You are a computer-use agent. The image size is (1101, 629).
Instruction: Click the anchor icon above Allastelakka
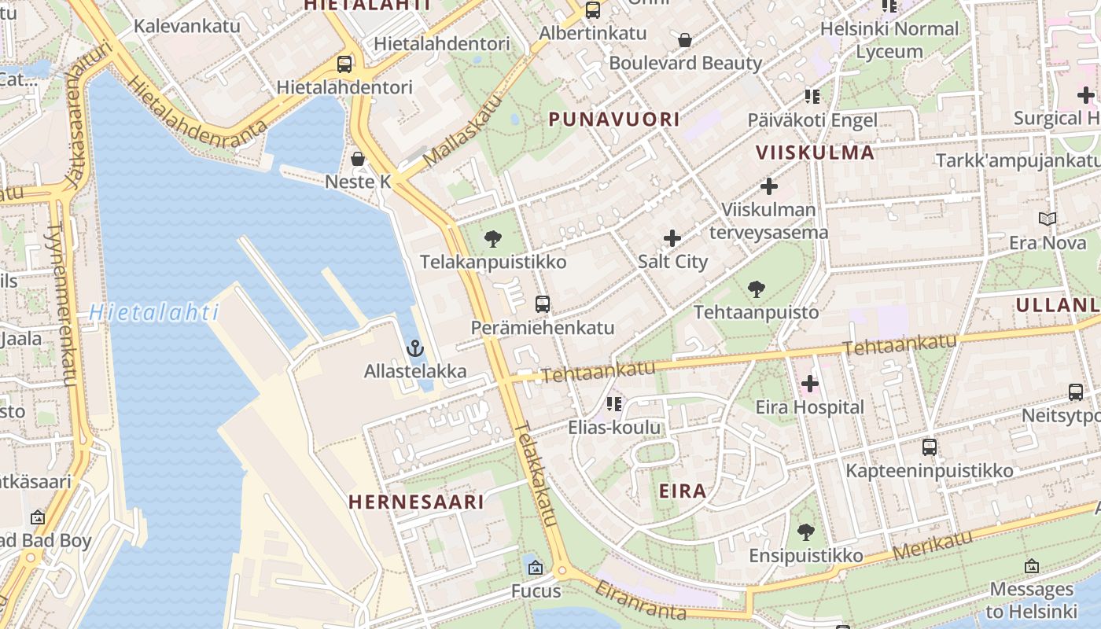[414, 348]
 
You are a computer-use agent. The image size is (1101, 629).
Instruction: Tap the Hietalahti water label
[154, 313]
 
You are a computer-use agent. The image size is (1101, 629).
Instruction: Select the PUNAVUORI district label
[613, 120]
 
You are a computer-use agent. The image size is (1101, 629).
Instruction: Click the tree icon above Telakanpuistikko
[493, 239]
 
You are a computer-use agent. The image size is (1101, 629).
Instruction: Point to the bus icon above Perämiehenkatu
[542, 304]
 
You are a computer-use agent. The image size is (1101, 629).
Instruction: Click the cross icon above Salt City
[672, 238]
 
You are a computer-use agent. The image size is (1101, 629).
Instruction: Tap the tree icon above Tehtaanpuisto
[756, 289]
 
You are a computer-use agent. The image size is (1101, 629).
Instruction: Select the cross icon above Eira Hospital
[809, 384]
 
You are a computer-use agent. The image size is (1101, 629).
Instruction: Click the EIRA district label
[682, 491]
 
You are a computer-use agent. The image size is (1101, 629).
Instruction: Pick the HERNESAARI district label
[416, 502]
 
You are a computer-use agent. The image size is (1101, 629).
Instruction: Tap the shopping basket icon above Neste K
[358, 159]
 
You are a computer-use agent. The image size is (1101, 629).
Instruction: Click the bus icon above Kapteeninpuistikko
[929, 447]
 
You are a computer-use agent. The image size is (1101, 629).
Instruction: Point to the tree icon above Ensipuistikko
[805, 532]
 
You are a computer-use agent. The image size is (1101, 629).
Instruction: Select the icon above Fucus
[536, 568]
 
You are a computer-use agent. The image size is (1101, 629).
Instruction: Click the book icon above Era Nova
[1047, 219]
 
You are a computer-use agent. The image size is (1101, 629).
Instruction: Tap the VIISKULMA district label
[815, 153]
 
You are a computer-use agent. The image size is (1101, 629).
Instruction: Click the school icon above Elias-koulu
[614, 404]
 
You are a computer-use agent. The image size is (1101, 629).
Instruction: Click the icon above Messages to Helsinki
[1031, 566]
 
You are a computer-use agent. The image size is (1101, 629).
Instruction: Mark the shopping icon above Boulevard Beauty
[685, 40]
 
